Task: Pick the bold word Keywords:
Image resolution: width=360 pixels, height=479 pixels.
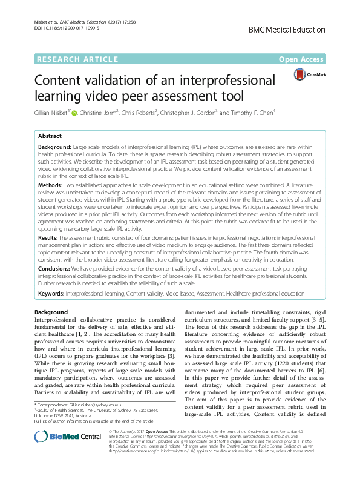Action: coord(53,293)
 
